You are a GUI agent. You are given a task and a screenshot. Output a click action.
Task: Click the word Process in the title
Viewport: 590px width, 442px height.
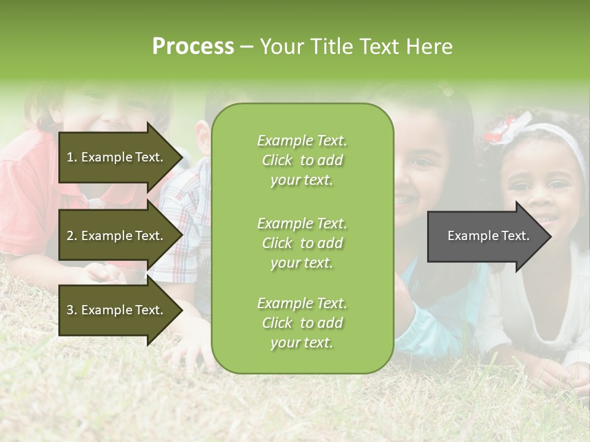[x=193, y=47]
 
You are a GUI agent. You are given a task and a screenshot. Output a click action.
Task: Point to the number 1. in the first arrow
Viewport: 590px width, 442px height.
[x=72, y=157]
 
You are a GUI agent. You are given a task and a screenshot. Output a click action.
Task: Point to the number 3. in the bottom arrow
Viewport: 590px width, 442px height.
[x=72, y=310]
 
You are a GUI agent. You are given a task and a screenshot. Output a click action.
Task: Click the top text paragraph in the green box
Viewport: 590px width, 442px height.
[x=302, y=160]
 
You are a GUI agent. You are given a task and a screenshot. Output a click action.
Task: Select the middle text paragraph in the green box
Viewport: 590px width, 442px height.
[x=302, y=243]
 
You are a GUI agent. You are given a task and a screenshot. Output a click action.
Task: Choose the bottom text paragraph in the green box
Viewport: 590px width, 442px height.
[x=302, y=323]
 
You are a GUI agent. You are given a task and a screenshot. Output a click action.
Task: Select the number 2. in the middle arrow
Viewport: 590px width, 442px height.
[x=72, y=236]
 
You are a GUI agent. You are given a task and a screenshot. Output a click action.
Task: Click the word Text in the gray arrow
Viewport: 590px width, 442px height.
[x=516, y=236]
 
